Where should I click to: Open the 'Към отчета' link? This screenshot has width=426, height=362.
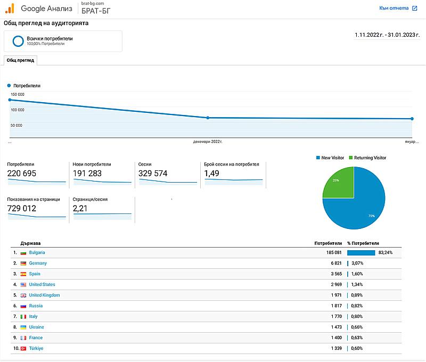(x=394, y=8)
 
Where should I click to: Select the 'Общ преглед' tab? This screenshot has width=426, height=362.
(x=20, y=60)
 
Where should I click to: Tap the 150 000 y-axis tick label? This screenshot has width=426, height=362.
(x=18, y=94)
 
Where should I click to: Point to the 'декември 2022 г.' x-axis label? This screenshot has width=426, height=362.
(x=208, y=142)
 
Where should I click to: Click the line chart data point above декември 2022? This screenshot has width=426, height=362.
(x=208, y=118)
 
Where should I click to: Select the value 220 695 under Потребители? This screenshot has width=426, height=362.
(x=22, y=174)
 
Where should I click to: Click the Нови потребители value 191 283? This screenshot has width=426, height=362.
(x=88, y=174)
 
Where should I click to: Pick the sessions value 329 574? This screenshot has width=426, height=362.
(x=153, y=174)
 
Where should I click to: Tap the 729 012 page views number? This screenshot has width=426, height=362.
(x=22, y=208)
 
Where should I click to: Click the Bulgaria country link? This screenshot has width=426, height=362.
(x=37, y=252)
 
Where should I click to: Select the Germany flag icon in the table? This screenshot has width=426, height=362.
(x=23, y=263)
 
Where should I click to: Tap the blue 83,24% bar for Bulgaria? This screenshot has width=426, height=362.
(x=361, y=252)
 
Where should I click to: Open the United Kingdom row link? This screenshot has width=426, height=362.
(x=44, y=295)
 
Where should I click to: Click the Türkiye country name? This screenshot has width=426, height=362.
(x=36, y=348)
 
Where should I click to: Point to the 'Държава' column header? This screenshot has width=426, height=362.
(x=29, y=243)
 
